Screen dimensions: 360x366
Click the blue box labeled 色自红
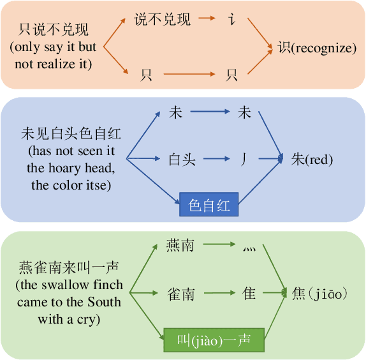pyautogui.click(x=209, y=205)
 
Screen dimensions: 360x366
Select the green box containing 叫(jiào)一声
pyautogui.click(x=214, y=340)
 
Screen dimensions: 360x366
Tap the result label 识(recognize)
pyautogui.click(x=317, y=48)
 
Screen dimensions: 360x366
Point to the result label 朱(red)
pyautogui.click(x=312, y=159)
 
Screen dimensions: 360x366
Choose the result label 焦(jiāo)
pyautogui.click(x=319, y=294)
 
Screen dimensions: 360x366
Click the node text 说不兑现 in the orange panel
pyautogui.click(x=163, y=19)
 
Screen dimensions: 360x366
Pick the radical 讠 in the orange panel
pyautogui.click(x=232, y=20)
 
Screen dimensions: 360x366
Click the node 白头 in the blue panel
pyautogui.click(x=182, y=159)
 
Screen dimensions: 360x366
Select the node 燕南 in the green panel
pyautogui.click(x=180, y=245)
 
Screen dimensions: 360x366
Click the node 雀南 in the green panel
pyautogui.click(x=180, y=294)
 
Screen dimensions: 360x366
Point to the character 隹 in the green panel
pyautogui.click(x=249, y=294)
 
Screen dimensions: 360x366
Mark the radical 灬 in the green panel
pyautogui.click(x=248, y=247)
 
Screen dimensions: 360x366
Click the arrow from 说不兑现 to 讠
pyautogui.click(x=207, y=19)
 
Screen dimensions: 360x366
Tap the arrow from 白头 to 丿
pyautogui.click(x=214, y=159)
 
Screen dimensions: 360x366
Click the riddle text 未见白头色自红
pyautogui.click(x=71, y=134)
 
